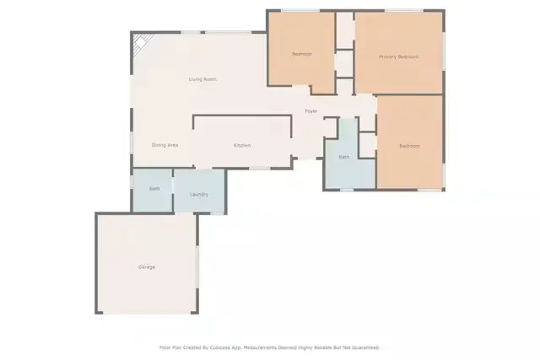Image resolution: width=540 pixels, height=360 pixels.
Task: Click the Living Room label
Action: click(x=202, y=79)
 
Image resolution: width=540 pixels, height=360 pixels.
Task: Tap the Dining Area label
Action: click(x=165, y=145)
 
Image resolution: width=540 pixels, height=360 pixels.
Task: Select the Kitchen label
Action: click(x=242, y=145)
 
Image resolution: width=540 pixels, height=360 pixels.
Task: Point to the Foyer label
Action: click(x=311, y=111)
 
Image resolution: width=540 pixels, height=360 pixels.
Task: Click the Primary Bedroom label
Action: click(x=398, y=56)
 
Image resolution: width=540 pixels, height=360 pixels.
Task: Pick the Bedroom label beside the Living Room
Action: click(x=301, y=54)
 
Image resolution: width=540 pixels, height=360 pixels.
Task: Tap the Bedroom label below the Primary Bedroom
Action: click(x=409, y=146)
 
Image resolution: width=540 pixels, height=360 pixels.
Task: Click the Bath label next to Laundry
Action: click(x=154, y=188)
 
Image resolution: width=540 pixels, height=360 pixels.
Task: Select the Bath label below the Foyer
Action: click(x=344, y=157)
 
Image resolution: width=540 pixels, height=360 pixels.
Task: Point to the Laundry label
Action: click(x=199, y=195)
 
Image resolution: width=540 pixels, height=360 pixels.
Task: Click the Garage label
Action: click(x=147, y=267)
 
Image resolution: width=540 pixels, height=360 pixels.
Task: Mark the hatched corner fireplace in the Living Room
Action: click(x=140, y=43)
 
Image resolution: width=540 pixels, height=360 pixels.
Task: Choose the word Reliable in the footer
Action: click(x=321, y=347)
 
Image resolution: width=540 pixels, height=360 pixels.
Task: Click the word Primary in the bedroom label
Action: click(x=388, y=56)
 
